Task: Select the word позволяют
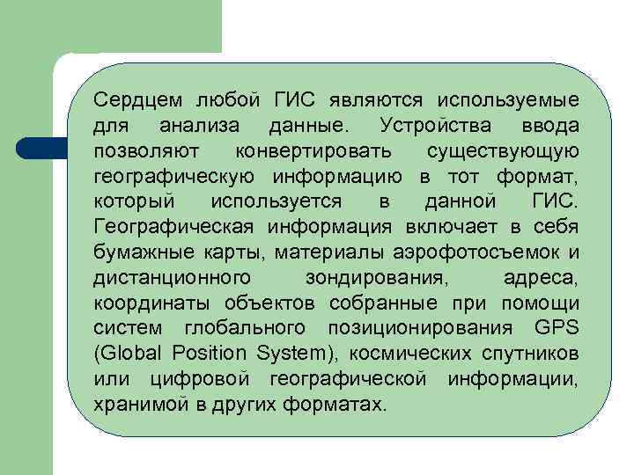138,151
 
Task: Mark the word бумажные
137,254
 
